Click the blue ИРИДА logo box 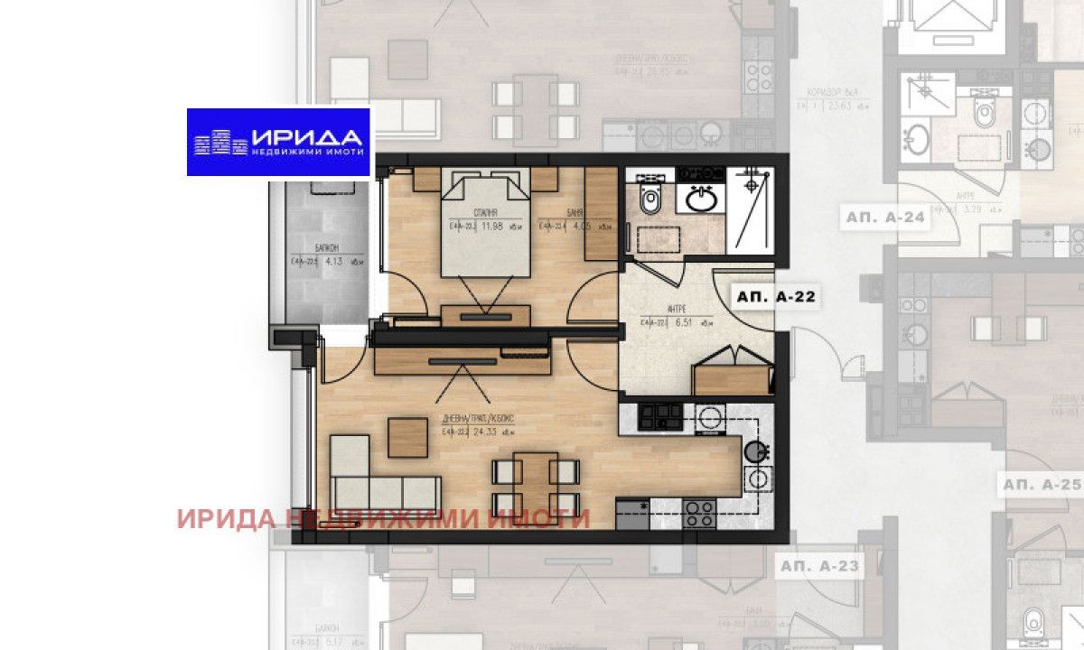278,142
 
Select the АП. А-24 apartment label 885,218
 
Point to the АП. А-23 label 818,567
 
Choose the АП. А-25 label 1040,485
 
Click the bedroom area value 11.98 491,227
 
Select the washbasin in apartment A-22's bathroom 700,199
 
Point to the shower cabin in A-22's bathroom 752,210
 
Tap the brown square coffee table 407,438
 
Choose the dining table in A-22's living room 537,485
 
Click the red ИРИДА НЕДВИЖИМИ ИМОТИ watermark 383,519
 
